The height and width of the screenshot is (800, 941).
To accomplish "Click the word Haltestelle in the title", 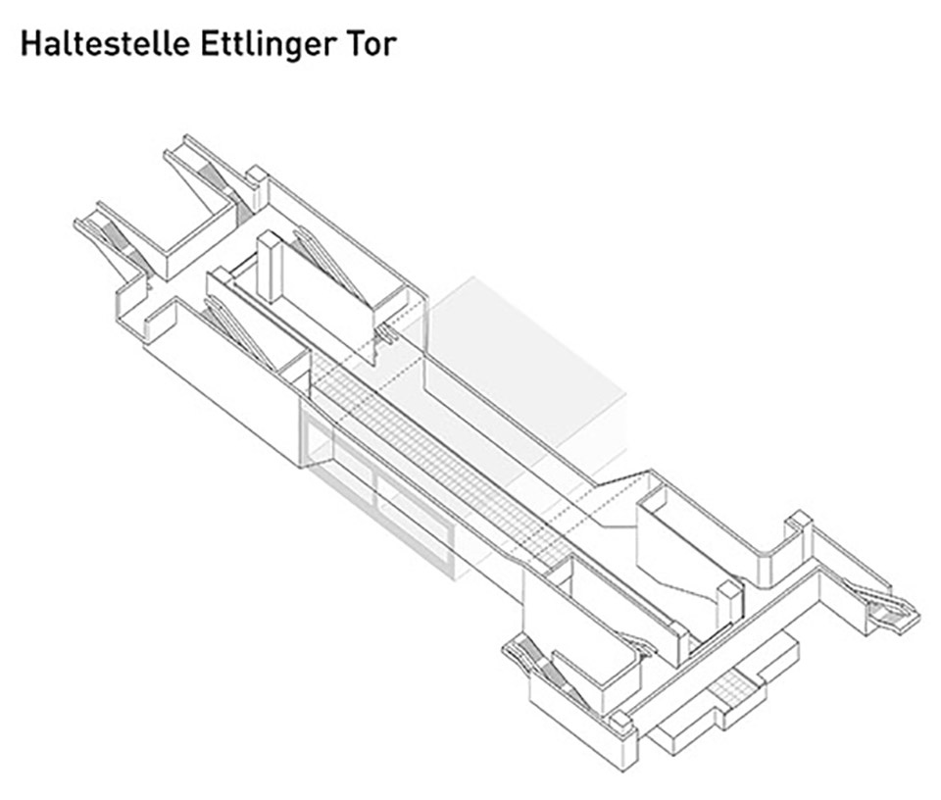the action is click(x=106, y=43).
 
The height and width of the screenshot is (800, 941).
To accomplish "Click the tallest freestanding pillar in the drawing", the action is click(x=270, y=267).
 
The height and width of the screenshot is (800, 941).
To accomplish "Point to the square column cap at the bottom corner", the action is click(x=620, y=723).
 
